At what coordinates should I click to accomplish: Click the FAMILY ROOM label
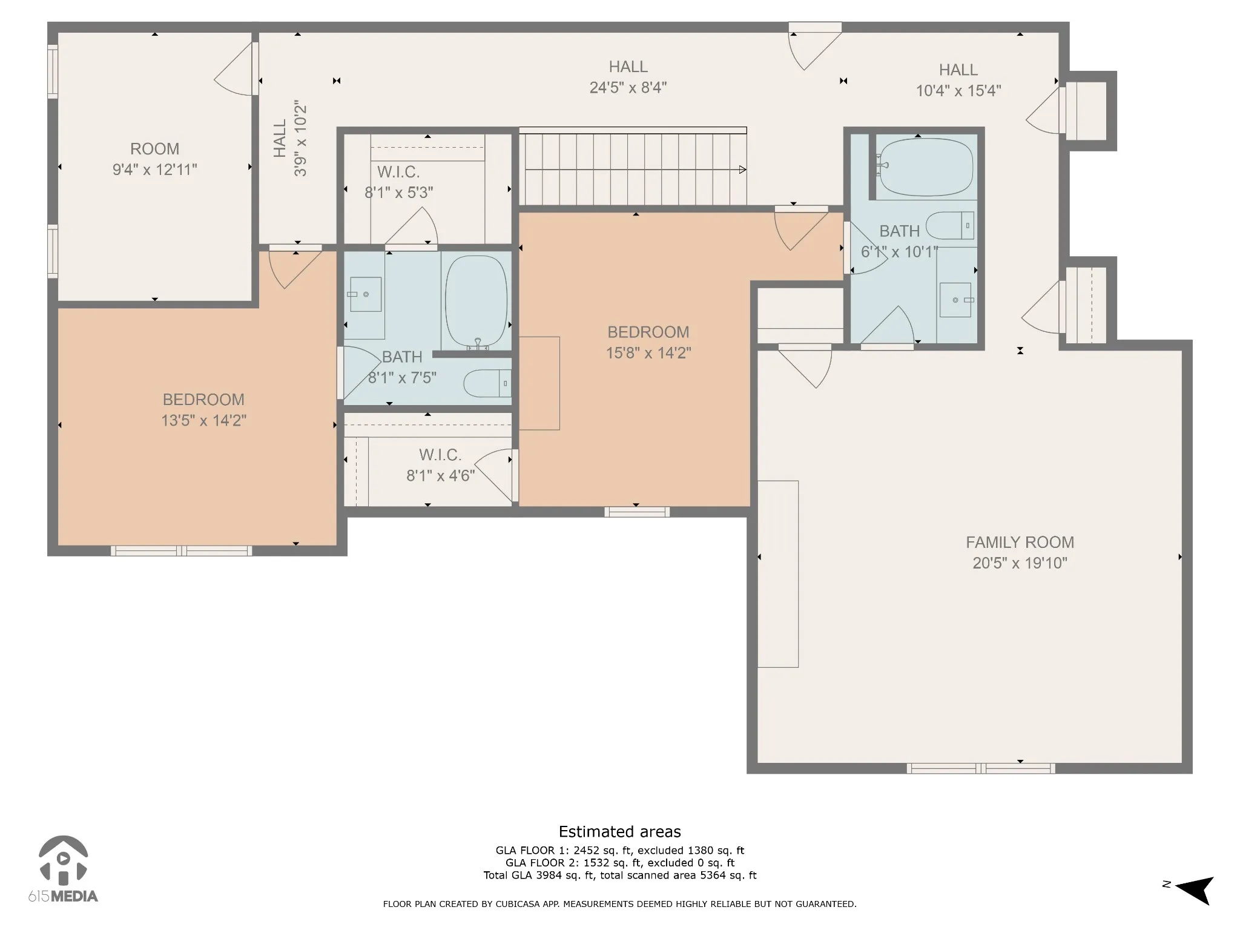coord(1020,542)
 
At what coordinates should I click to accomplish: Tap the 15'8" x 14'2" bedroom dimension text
coord(648,352)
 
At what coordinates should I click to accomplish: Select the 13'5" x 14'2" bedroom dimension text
coord(203,420)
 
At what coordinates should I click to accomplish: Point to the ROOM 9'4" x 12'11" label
coord(155,159)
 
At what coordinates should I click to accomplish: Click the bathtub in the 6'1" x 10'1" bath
coord(926,167)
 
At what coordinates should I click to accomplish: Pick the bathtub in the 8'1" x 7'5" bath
coord(476,302)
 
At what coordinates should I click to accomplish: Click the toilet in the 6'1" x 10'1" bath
coord(950,225)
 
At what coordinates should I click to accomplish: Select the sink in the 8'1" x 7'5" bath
coord(366,294)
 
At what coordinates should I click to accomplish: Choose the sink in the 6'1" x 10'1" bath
coord(956,300)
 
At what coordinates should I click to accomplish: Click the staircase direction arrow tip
coord(746,170)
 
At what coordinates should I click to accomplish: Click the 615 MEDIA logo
coord(63,869)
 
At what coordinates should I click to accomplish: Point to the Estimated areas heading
coord(620,831)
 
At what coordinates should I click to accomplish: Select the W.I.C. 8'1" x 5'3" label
coord(398,182)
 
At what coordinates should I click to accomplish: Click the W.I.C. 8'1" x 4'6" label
coord(440,465)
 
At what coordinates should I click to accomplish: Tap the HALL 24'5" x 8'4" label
coord(628,77)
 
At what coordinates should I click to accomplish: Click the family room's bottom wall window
coord(981,768)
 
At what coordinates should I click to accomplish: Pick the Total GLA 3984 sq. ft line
coord(620,875)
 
